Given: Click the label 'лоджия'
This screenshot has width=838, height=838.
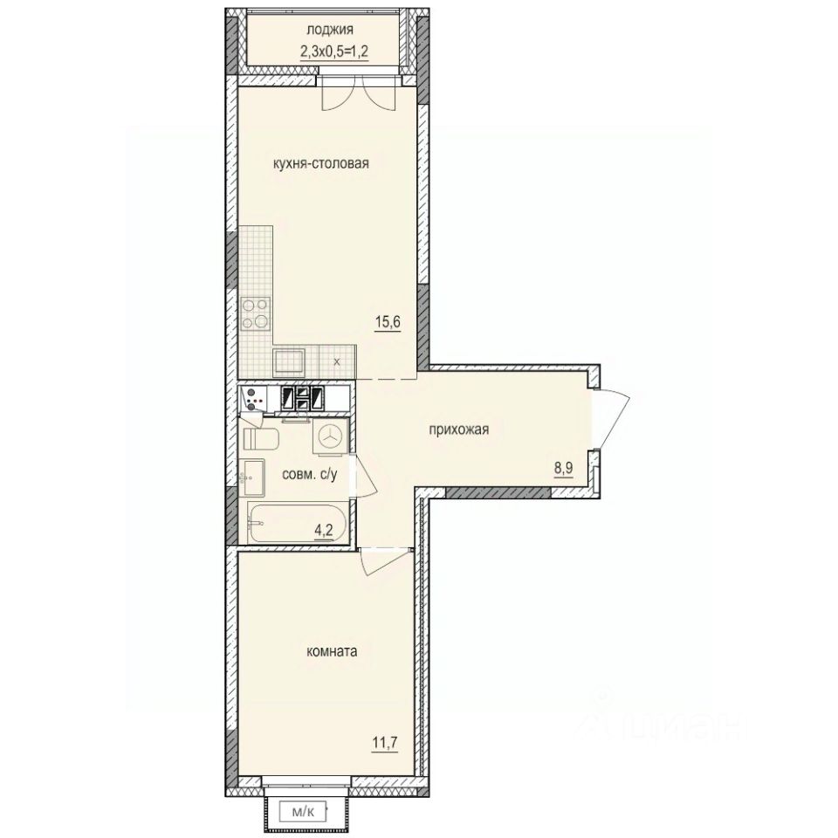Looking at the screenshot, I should pyautogui.click(x=318, y=32).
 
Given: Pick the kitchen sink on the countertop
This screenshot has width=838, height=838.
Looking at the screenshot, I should pyautogui.click(x=288, y=361).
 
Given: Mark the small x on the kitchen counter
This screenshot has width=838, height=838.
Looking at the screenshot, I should pyautogui.click(x=338, y=361).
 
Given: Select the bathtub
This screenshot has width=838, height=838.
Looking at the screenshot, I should pyautogui.click(x=297, y=521).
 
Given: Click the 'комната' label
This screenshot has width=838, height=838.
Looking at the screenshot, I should pyautogui.click(x=334, y=651).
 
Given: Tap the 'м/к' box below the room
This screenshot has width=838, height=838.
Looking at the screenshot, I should pyautogui.click(x=305, y=812).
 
